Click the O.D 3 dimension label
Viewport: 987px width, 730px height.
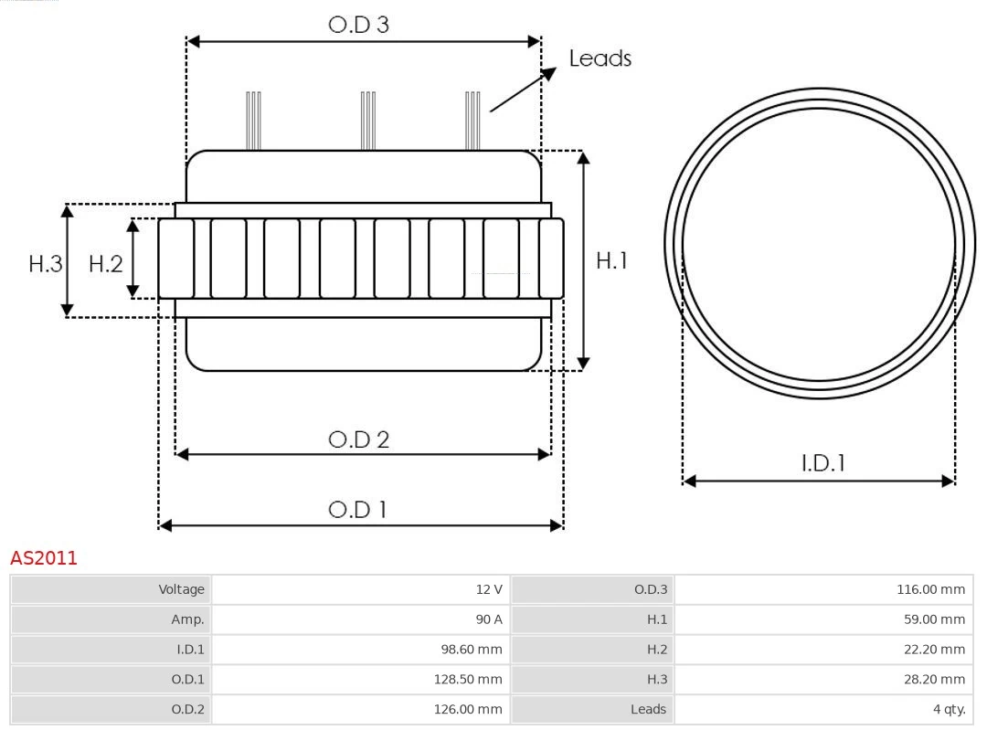[x=358, y=25]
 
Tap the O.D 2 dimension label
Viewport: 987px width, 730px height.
[x=358, y=439]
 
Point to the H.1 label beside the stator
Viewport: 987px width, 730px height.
[x=611, y=260]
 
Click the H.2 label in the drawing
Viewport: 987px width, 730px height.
[x=105, y=264]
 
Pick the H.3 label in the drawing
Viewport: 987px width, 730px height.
[x=45, y=264]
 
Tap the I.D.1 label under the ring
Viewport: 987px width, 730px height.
[x=822, y=463]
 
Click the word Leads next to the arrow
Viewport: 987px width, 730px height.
[x=600, y=58]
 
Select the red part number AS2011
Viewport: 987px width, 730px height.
[x=44, y=558]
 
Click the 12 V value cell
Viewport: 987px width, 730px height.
[x=360, y=589]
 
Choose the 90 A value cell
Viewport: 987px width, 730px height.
[x=360, y=619]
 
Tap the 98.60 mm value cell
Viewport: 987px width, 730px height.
[x=360, y=650]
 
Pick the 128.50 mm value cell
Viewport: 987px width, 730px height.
[x=360, y=679]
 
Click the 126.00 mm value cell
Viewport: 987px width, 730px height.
[x=360, y=709]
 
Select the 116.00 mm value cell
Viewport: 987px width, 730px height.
[x=822, y=589]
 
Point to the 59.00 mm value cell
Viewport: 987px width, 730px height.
[x=822, y=619]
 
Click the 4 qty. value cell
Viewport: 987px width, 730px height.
[x=822, y=709]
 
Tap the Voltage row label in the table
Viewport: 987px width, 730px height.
[x=111, y=589]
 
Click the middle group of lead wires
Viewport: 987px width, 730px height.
[x=368, y=121]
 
